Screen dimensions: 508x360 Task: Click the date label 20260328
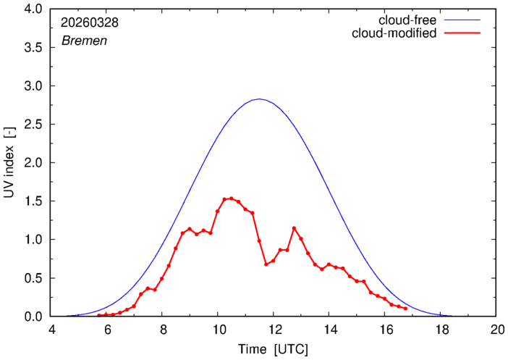coord(90,22)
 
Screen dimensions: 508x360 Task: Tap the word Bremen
coord(84,41)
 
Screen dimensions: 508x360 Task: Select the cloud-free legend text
coord(407,20)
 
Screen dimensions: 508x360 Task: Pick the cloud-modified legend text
coord(394,33)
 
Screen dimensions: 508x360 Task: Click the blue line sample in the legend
coord(462,20)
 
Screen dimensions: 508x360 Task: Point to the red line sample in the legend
coord(462,33)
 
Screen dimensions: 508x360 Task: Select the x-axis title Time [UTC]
coord(273,350)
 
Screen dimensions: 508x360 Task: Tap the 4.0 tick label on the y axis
coord(33,9)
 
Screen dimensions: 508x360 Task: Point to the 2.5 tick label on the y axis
coord(33,124)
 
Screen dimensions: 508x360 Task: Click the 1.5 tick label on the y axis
coord(33,201)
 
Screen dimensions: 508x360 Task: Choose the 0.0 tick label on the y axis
coord(33,317)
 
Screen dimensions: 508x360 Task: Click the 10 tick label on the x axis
coord(218,330)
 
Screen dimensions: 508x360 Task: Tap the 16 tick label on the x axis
coord(384,330)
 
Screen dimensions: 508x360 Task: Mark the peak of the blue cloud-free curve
coord(259,99)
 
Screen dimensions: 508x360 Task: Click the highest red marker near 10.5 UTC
coord(232,198)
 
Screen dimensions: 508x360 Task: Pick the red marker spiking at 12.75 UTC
coord(295,228)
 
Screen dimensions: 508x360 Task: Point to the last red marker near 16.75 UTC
coord(406,309)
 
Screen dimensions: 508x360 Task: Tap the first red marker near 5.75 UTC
coord(99,315)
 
